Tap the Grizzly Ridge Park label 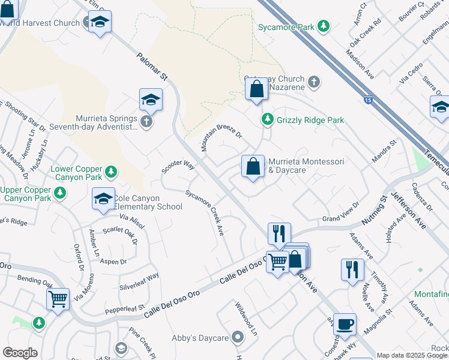(x=310, y=120)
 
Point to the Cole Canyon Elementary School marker (x=103, y=199)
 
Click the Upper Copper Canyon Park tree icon (x=59, y=193)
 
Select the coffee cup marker (x=345, y=324)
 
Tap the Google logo (x=20, y=353)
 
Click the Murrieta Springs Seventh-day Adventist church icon (x=146, y=122)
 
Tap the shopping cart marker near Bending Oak (x=58, y=298)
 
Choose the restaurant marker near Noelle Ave (x=352, y=269)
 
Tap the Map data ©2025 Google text (x=412, y=355)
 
